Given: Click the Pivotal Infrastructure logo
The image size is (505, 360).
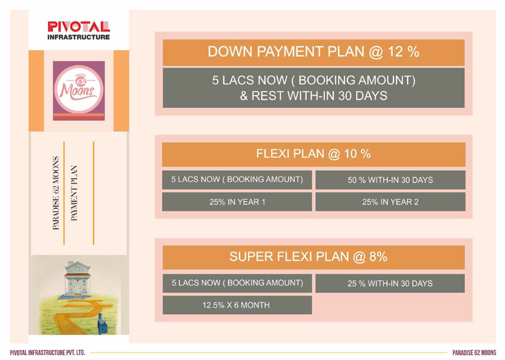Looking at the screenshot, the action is [x=79, y=31].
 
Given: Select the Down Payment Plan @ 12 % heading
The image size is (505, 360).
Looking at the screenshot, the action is [x=313, y=52].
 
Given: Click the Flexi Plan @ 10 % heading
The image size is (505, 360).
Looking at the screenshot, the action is [x=313, y=154].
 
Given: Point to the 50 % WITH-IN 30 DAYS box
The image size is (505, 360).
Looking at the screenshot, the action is [x=390, y=180].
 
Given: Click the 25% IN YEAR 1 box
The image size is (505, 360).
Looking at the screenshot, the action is [x=237, y=202].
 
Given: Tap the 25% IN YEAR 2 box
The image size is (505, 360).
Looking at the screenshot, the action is [x=390, y=202].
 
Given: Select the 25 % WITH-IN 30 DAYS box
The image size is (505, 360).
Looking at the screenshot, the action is [x=390, y=284].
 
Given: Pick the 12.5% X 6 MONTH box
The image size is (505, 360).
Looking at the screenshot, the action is [x=237, y=305].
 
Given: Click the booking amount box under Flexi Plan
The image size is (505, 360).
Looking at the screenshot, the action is [x=237, y=180].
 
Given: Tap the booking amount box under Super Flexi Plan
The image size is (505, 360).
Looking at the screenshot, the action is [x=237, y=284].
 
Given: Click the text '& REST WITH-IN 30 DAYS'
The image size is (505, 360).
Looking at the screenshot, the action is [x=313, y=96].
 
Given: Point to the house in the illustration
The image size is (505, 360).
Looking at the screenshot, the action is [x=78, y=279].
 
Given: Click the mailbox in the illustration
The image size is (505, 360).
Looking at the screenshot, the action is [x=103, y=325].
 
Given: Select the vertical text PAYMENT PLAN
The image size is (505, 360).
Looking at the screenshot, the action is [x=74, y=193].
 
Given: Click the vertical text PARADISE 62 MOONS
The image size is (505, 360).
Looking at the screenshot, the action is [x=56, y=193].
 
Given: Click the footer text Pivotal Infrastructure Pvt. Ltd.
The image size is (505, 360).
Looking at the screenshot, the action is [x=47, y=353].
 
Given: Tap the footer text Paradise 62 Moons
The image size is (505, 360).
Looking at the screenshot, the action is [x=474, y=353].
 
